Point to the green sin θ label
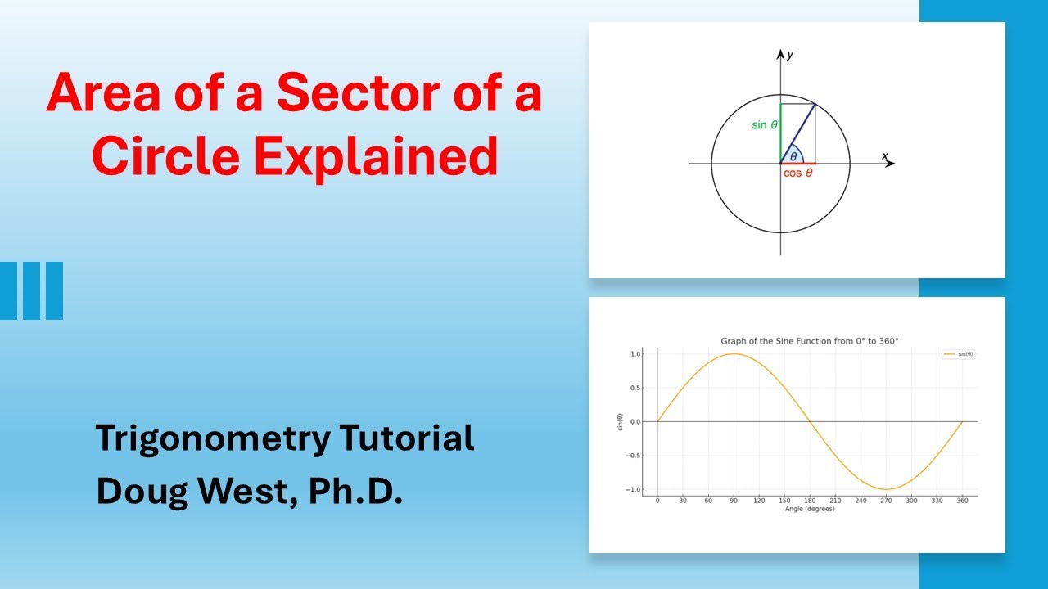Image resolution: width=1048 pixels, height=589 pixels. pos(764,125)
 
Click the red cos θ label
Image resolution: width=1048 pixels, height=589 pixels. pos(797,173)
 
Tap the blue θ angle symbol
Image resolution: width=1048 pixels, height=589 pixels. pos(793,156)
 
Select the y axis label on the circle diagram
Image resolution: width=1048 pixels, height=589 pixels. pos(789,55)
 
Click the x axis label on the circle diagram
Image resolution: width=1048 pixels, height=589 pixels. pos(884,155)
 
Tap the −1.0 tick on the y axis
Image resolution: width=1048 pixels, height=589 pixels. pos(633,489)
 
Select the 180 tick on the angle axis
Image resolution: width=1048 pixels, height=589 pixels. pos(810,501)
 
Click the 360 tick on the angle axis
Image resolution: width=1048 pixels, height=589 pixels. pos(962,501)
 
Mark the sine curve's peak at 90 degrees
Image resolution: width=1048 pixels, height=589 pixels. pos(734,354)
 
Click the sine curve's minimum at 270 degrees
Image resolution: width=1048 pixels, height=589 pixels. pos(886,489)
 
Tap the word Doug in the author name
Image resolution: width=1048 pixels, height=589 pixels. pos(133,492)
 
